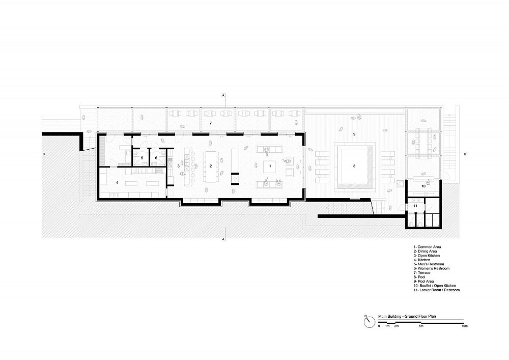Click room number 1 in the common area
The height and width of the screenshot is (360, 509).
pyautogui.click(x=270, y=166)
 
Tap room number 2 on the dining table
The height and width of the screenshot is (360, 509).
pyautogui.click(x=211, y=166)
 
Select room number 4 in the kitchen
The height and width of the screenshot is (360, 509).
pyautogui.click(x=117, y=183)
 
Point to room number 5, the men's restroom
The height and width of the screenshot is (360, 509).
pyautogui.click(x=142, y=158)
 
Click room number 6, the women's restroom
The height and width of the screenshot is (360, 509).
pyautogui.click(x=156, y=158)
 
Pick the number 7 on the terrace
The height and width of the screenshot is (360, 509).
pyautogui.click(x=211, y=123)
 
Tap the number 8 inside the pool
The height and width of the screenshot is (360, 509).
pyautogui.click(x=354, y=166)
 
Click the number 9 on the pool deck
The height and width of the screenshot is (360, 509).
pyautogui.click(x=354, y=134)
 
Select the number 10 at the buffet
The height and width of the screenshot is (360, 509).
pyautogui.click(x=423, y=186)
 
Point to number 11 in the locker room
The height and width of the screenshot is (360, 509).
pyautogui.click(x=415, y=206)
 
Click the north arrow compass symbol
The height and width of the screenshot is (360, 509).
pyautogui.click(x=370, y=322)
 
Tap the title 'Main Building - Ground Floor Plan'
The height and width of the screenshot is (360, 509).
pyautogui.click(x=407, y=316)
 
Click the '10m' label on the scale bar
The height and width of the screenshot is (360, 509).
pyautogui.click(x=465, y=325)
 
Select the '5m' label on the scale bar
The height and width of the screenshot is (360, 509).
pyautogui.click(x=421, y=325)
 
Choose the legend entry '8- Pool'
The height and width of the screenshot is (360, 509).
pyautogui.click(x=419, y=277)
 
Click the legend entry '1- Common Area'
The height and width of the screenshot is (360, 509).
pyautogui.click(x=427, y=247)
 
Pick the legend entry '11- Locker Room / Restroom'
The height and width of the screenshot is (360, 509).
pyautogui.click(x=436, y=290)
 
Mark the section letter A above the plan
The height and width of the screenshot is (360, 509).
pyautogui.click(x=223, y=95)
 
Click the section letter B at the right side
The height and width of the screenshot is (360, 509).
pyautogui.click(x=465, y=154)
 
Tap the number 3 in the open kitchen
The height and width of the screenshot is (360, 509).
pyautogui.click(x=179, y=166)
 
